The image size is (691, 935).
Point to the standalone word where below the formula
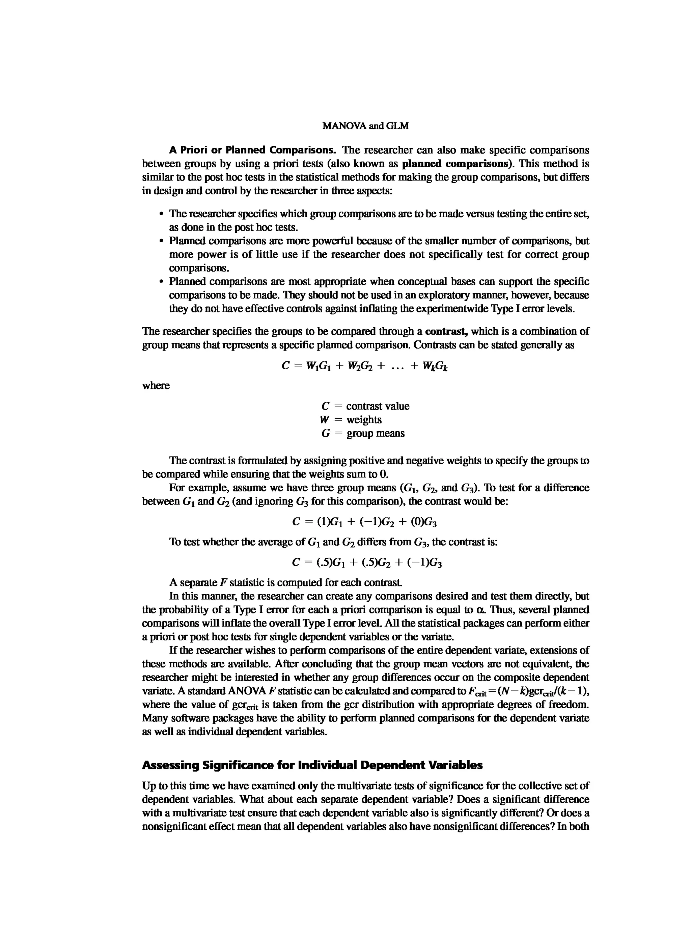[x=156, y=386]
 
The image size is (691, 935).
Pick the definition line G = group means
[x=363, y=433]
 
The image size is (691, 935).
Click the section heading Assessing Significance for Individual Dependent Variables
[x=312, y=765]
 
